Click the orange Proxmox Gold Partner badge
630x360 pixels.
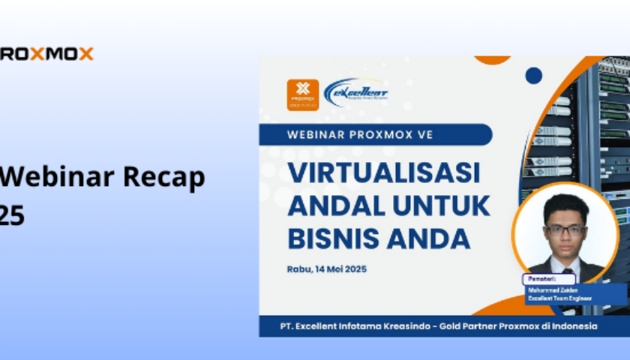303,95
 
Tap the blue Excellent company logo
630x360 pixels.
356,93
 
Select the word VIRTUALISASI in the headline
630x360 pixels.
384,173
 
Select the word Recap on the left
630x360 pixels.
163,178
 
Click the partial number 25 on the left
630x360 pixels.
12,216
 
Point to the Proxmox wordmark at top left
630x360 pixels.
46,54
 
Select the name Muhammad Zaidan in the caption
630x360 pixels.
552,289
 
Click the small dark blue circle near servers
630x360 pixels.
533,75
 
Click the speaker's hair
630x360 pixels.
565,206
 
